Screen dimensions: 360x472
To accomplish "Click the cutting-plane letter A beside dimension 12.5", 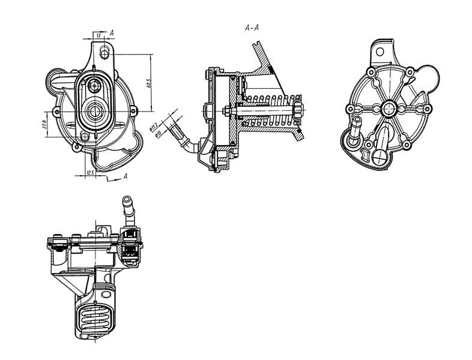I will pos(125,176).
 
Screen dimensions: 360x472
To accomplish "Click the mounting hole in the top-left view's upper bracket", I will pos(104,53).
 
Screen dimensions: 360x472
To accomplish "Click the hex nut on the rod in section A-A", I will pos(229,110).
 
